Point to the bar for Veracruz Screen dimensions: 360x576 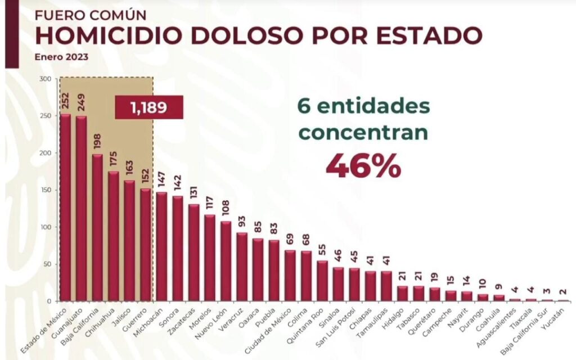(242, 267)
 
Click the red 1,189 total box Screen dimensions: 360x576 (148, 107)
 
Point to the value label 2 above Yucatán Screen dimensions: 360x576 (563, 292)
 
